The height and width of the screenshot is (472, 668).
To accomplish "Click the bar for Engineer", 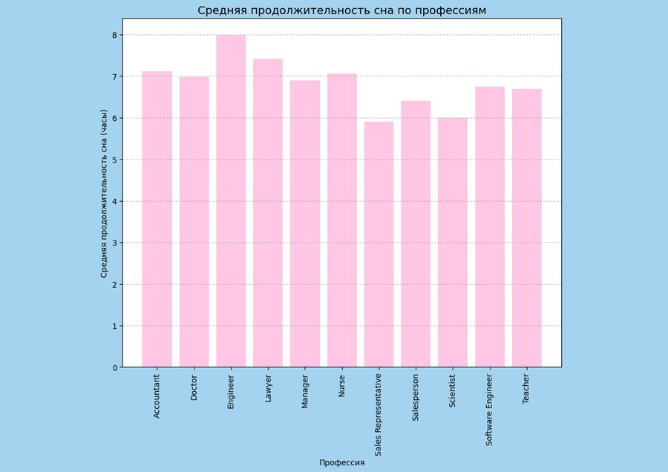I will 231,201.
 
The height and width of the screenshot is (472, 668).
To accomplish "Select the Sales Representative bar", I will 379,244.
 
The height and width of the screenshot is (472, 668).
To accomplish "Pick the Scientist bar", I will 453,243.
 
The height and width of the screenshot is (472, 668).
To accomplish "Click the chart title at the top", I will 341,10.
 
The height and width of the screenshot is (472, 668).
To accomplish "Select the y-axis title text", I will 104,201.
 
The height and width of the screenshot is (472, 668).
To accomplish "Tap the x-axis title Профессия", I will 341,462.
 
